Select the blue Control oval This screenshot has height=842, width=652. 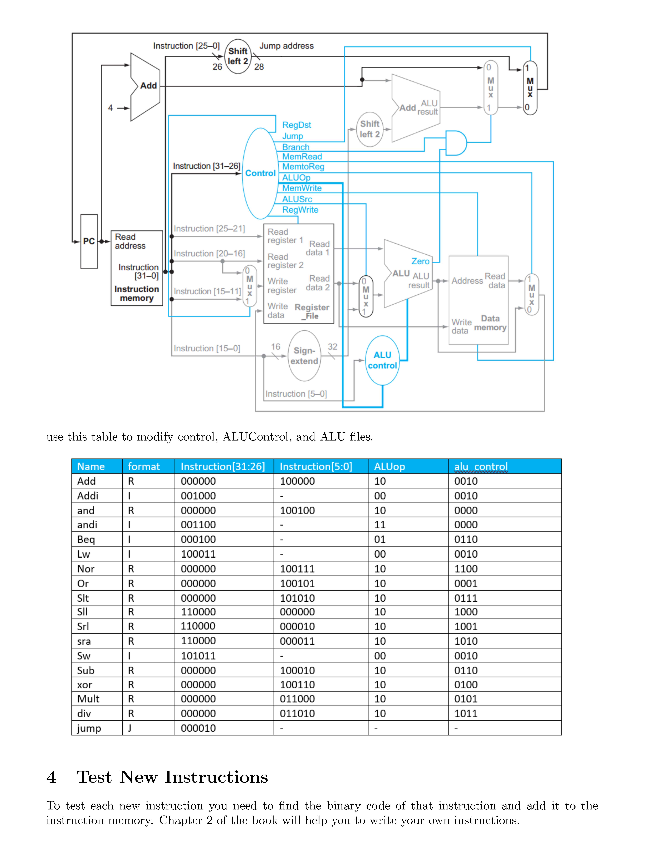click(x=260, y=173)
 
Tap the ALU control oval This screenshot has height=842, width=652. click(x=382, y=360)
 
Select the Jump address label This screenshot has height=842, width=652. click(x=286, y=46)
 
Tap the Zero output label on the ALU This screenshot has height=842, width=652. click(x=420, y=261)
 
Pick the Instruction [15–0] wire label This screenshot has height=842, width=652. click(x=207, y=348)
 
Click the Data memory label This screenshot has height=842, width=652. click(x=490, y=323)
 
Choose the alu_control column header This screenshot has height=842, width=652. click(x=481, y=466)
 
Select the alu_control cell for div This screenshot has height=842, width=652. click(x=466, y=714)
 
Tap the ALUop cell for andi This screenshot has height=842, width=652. click(x=380, y=525)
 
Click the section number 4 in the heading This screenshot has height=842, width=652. click(x=51, y=777)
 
